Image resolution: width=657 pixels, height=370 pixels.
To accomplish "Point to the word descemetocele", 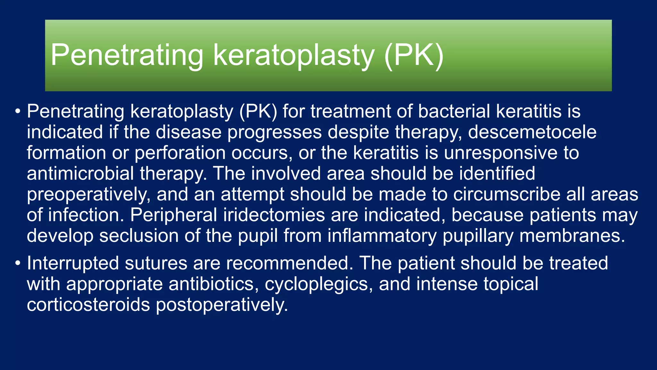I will pyautogui.click(x=532, y=132).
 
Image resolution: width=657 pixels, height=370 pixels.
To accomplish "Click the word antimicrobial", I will pyautogui.click(x=80, y=174).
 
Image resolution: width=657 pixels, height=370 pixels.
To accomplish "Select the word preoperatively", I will pyautogui.click(x=89, y=195).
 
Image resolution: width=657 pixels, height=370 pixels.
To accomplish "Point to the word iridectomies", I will pyautogui.click(x=274, y=215).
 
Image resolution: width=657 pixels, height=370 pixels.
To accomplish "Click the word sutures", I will pyautogui.click(x=156, y=263).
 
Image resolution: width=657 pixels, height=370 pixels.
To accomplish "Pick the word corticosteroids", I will pyautogui.click(x=88, y=305).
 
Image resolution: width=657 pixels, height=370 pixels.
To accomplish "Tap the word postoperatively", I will pyautogui.click(x=222, y=305).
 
